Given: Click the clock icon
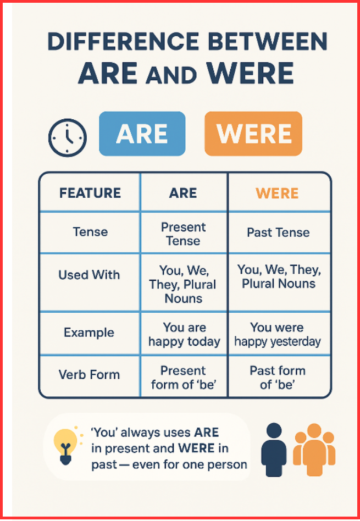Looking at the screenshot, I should pos(67,137).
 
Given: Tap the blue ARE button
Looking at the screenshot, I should pos(142,134).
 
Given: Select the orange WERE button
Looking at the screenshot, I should pos(253,134).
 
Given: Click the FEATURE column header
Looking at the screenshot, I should pos(90,193).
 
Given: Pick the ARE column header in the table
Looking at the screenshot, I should pos(183,193).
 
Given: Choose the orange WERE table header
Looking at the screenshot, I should pos(277,193).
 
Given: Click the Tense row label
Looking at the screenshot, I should pos(90,232).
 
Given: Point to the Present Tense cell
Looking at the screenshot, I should pos(183,234).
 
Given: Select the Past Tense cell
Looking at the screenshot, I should pos(278,232).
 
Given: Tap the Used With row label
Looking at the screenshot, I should pos(89,275).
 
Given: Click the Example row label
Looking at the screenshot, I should pos(89,332).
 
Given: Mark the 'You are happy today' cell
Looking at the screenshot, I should pos(184,335).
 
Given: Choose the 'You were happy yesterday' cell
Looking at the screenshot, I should pos(277,335).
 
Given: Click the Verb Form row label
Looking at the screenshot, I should pos(89,375).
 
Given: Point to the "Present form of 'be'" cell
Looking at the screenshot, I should pos(184,377).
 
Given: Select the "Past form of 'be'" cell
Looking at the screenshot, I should pos(278,377).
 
